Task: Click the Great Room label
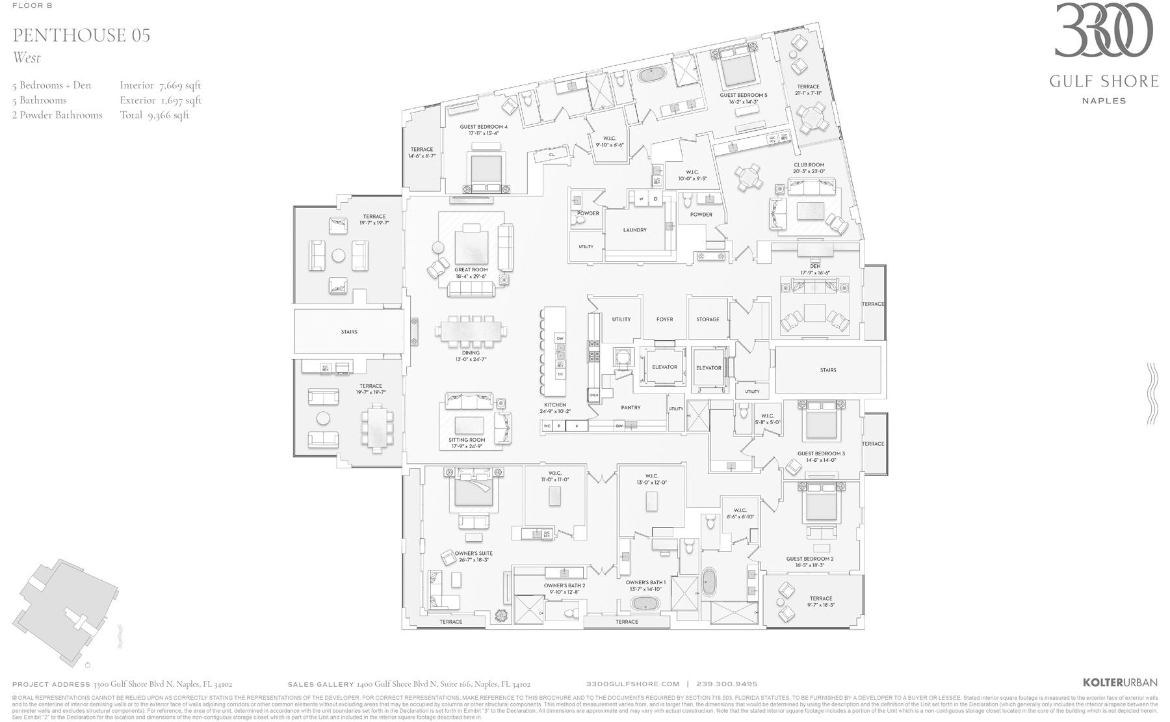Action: (471, 269)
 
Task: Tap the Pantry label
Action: (630, 408)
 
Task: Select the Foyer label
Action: (664, 319)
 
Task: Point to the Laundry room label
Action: (634, 230)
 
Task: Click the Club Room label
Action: (809, 165)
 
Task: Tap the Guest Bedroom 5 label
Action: (743, 96)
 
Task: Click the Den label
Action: (814, 266)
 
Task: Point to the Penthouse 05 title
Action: (81, 35)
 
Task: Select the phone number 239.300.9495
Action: (727, 684)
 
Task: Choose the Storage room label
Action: (708, 319)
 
